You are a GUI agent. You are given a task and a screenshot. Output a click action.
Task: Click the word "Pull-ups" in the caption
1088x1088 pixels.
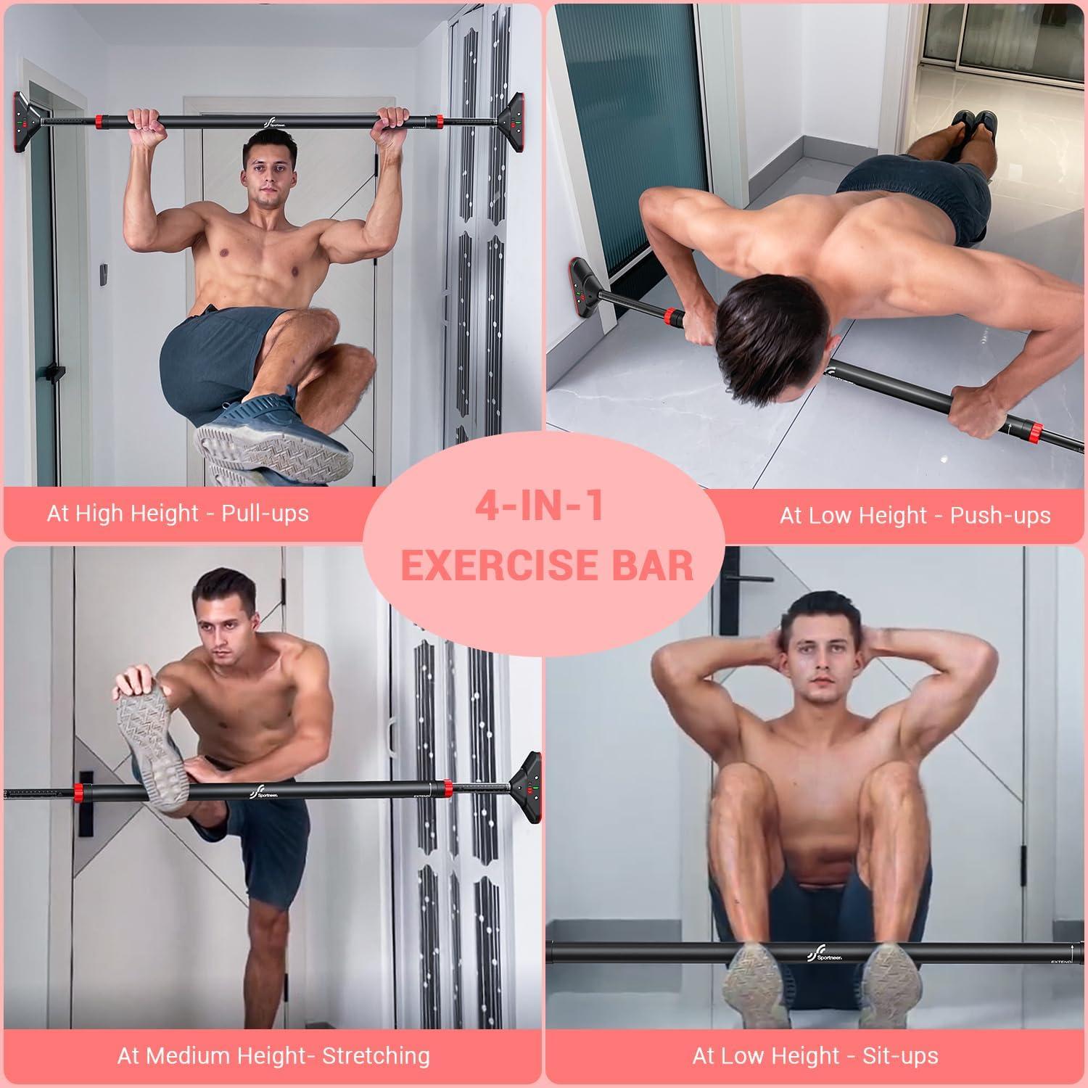click(265, 514)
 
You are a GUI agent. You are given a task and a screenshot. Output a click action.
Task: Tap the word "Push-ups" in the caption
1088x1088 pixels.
click(1000, 516)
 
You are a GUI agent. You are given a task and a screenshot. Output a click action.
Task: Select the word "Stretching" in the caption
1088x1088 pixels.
click(376, 1055)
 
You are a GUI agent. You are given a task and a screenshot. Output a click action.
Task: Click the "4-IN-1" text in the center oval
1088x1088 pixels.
click(539, 507)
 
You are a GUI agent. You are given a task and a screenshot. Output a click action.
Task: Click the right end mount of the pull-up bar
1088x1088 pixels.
click(516, 119)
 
